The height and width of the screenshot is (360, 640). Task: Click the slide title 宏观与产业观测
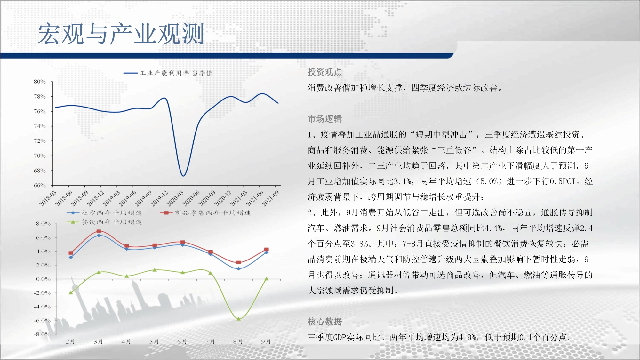[121, 34]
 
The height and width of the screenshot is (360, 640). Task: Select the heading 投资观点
[325, 72]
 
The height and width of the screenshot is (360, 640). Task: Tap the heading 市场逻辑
[325, 119]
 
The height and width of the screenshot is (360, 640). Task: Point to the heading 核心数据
[325, 322]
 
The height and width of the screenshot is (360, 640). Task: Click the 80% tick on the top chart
[40, 82]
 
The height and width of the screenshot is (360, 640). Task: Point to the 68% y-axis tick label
[40, 171]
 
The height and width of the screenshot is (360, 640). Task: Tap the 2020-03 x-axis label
[175, 198]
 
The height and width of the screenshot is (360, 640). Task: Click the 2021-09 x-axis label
[270, 198]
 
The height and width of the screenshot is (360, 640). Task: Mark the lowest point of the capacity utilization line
[183, 176]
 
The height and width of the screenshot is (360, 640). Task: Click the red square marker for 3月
[99, 231]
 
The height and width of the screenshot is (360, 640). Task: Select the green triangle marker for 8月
[238, 319]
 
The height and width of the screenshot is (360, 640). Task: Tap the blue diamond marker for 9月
[266, 252]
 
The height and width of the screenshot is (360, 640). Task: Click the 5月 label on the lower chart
[154, 341]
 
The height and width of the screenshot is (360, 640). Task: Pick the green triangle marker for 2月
[71, 292]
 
